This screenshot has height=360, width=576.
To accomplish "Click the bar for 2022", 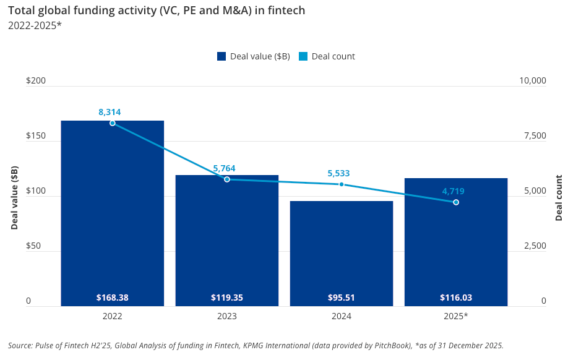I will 112,210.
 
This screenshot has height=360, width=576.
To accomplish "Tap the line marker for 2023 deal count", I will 227,179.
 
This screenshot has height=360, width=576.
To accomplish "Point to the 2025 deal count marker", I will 456,202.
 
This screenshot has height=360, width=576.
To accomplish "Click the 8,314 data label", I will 110,112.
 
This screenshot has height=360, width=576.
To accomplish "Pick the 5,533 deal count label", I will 339,174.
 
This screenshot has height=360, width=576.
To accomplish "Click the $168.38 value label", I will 112,298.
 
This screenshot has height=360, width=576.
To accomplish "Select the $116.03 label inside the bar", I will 456,298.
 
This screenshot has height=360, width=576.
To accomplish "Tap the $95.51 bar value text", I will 342,298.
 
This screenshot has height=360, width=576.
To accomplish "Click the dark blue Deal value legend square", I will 221,56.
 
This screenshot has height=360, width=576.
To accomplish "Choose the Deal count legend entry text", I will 333,56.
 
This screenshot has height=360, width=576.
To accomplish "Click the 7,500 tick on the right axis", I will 535,136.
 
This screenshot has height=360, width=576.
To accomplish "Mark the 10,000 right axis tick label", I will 533,81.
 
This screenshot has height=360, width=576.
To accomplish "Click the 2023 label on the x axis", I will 226,316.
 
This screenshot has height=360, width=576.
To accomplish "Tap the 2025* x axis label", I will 457,316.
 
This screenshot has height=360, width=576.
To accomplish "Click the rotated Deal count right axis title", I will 559,198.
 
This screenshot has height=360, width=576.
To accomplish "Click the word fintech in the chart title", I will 289,11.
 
